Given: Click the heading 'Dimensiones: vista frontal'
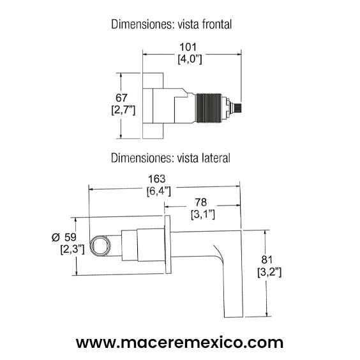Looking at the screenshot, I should pyautogui.click(x=170, y=25).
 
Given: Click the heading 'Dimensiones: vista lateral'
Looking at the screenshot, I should pyautogui.click(x=170, y=156).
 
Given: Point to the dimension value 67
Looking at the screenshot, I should pyautogui.click(x=121, y=97).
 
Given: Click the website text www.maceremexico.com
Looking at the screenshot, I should pyautogui.click(x=179, y=342).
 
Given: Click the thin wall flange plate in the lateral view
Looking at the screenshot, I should pyautogui.click(x=168, y=245).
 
